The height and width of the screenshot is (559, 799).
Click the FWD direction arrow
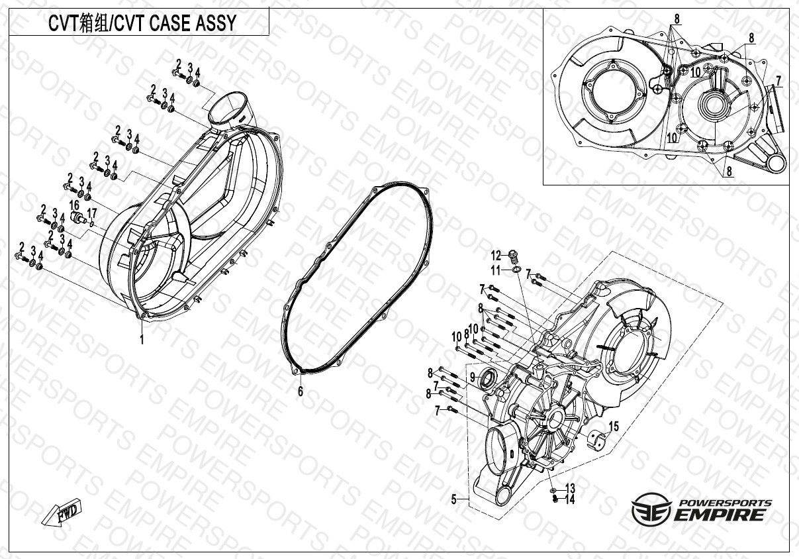click(x=62, y=511)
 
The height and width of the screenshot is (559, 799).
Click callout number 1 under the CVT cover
click(x=142, y=339)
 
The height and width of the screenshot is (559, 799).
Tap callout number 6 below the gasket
click(x=301, y=391)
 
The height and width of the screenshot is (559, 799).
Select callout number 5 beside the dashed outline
click(x=453, y=499)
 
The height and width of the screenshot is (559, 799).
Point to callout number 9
click(x=473, y=376)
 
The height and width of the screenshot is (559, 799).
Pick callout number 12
click(x=496, y=255)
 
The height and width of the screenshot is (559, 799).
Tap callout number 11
click(x=496, y=271)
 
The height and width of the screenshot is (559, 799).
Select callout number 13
click(x=570, y=488)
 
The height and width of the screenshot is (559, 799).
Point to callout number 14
click(x=570, y=499)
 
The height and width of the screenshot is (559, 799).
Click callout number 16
click(x=74, y=205)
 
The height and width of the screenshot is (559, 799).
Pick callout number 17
click(x=92, y=213)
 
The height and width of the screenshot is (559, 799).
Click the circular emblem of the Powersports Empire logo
click(x=651, y=509)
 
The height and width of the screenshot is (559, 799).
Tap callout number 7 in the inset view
click(x=778, y=81)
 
